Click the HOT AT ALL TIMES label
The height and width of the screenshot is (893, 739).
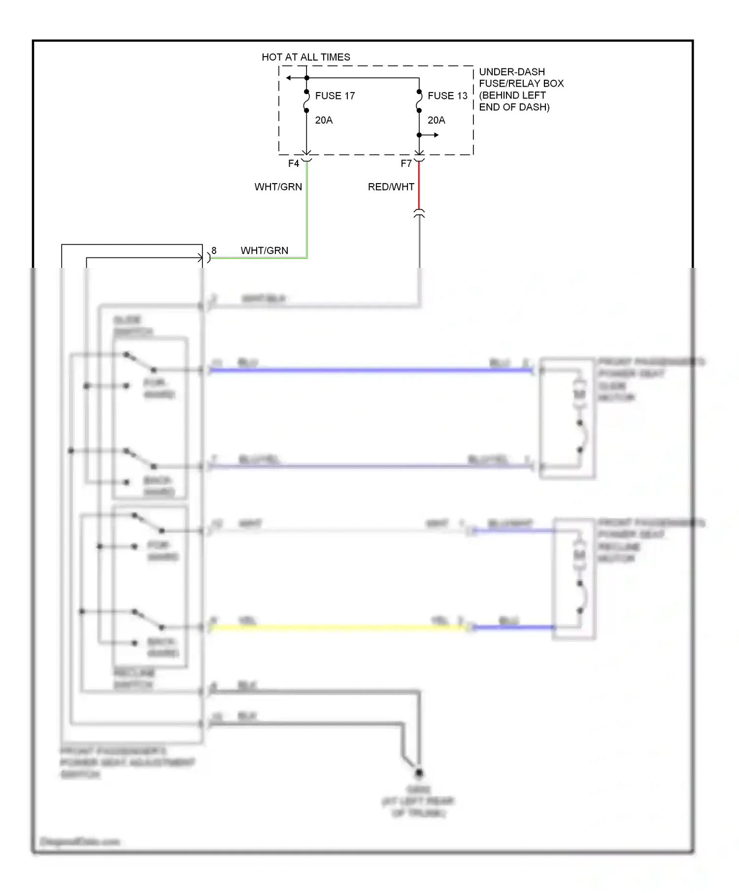(305, 57)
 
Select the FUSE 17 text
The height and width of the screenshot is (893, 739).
(335, 96)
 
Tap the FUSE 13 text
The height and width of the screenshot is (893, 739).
(447, 96)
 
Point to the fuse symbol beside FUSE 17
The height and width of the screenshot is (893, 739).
(306, 101)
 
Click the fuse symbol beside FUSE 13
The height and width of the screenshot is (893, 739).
(419, 101)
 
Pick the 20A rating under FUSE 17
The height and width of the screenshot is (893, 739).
(324, 120)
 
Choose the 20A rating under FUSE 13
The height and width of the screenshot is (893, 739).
(436, 120)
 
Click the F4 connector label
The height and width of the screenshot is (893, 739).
(293, 163)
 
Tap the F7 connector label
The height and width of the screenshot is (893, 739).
(405, 163)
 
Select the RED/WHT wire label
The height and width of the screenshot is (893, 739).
(391, 187)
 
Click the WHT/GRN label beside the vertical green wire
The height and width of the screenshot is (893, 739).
(278, 187)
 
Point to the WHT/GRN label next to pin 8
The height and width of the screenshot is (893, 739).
(264, 251)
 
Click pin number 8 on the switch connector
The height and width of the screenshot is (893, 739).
(214, 251)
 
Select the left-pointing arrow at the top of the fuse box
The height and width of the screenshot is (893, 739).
(289, 78)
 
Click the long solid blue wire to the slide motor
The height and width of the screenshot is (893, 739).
(369, 370)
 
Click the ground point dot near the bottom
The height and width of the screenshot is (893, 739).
(419, 773)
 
